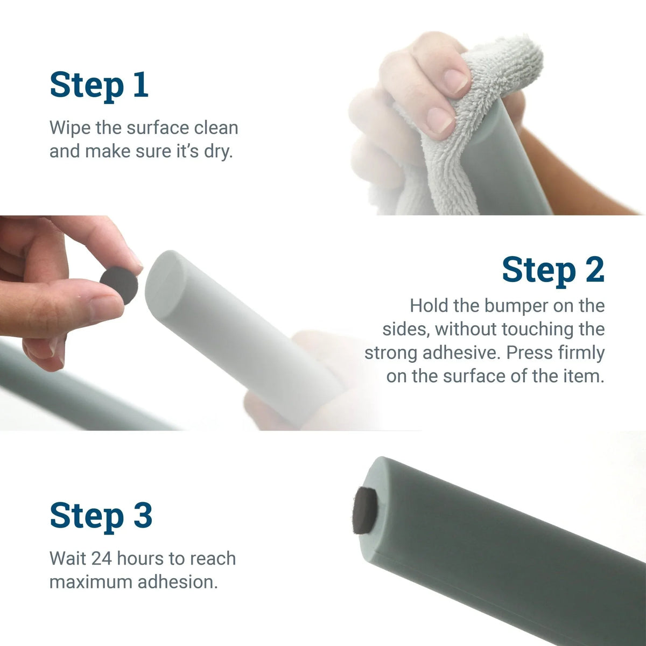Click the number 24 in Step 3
click(101, 558)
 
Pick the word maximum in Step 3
click(90, 582)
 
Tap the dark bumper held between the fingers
click(119, 285)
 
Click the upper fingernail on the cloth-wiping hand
click(455, 81)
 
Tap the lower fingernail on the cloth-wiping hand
click(440, 120)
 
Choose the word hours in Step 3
click(140, 558)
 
